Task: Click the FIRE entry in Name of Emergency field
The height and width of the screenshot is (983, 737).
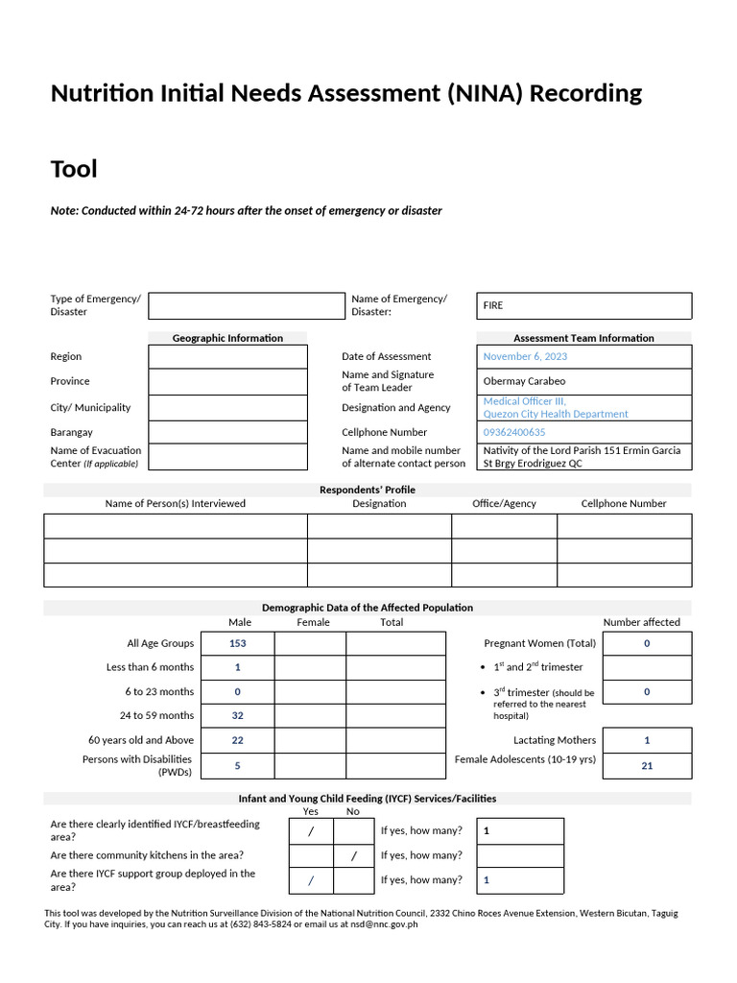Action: click(x=493, y=305)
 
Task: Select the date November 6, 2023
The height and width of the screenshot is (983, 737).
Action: click(x=525, y=356)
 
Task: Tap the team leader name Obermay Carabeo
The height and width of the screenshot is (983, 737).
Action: click(x=524, y=381)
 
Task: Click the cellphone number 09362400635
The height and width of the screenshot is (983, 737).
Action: click(x=514, y=432)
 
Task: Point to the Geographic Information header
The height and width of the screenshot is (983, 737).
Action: click(x=227, y=338)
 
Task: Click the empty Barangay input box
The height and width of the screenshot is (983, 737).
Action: click(x=227, y=432)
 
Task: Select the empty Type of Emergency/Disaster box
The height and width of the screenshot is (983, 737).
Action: click(x=246, y=306)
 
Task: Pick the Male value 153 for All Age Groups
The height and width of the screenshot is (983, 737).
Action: click(x=238, y=643)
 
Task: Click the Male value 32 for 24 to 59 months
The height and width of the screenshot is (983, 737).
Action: click(x=238, y=715)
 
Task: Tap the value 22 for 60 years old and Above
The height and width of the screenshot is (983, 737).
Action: click(x=238, y=740)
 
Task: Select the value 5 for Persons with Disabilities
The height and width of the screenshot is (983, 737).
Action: click(x=238, y=765)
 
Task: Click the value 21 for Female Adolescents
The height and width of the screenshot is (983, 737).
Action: click(x=647, y=765)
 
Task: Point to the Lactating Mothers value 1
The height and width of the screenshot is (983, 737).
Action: click(x=647, y=740)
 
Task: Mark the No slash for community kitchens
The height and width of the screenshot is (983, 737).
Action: click(x=354, y=855)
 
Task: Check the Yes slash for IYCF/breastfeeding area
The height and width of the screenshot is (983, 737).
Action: click(x=311, y=830)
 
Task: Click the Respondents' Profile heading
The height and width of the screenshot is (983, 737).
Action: click(x=368, y=490)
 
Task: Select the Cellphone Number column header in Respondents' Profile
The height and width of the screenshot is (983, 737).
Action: click(x=624, y=503)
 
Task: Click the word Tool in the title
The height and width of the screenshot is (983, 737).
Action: click(x=74, y=170)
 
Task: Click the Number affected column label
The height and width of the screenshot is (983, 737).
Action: click(x=641, y=622)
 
